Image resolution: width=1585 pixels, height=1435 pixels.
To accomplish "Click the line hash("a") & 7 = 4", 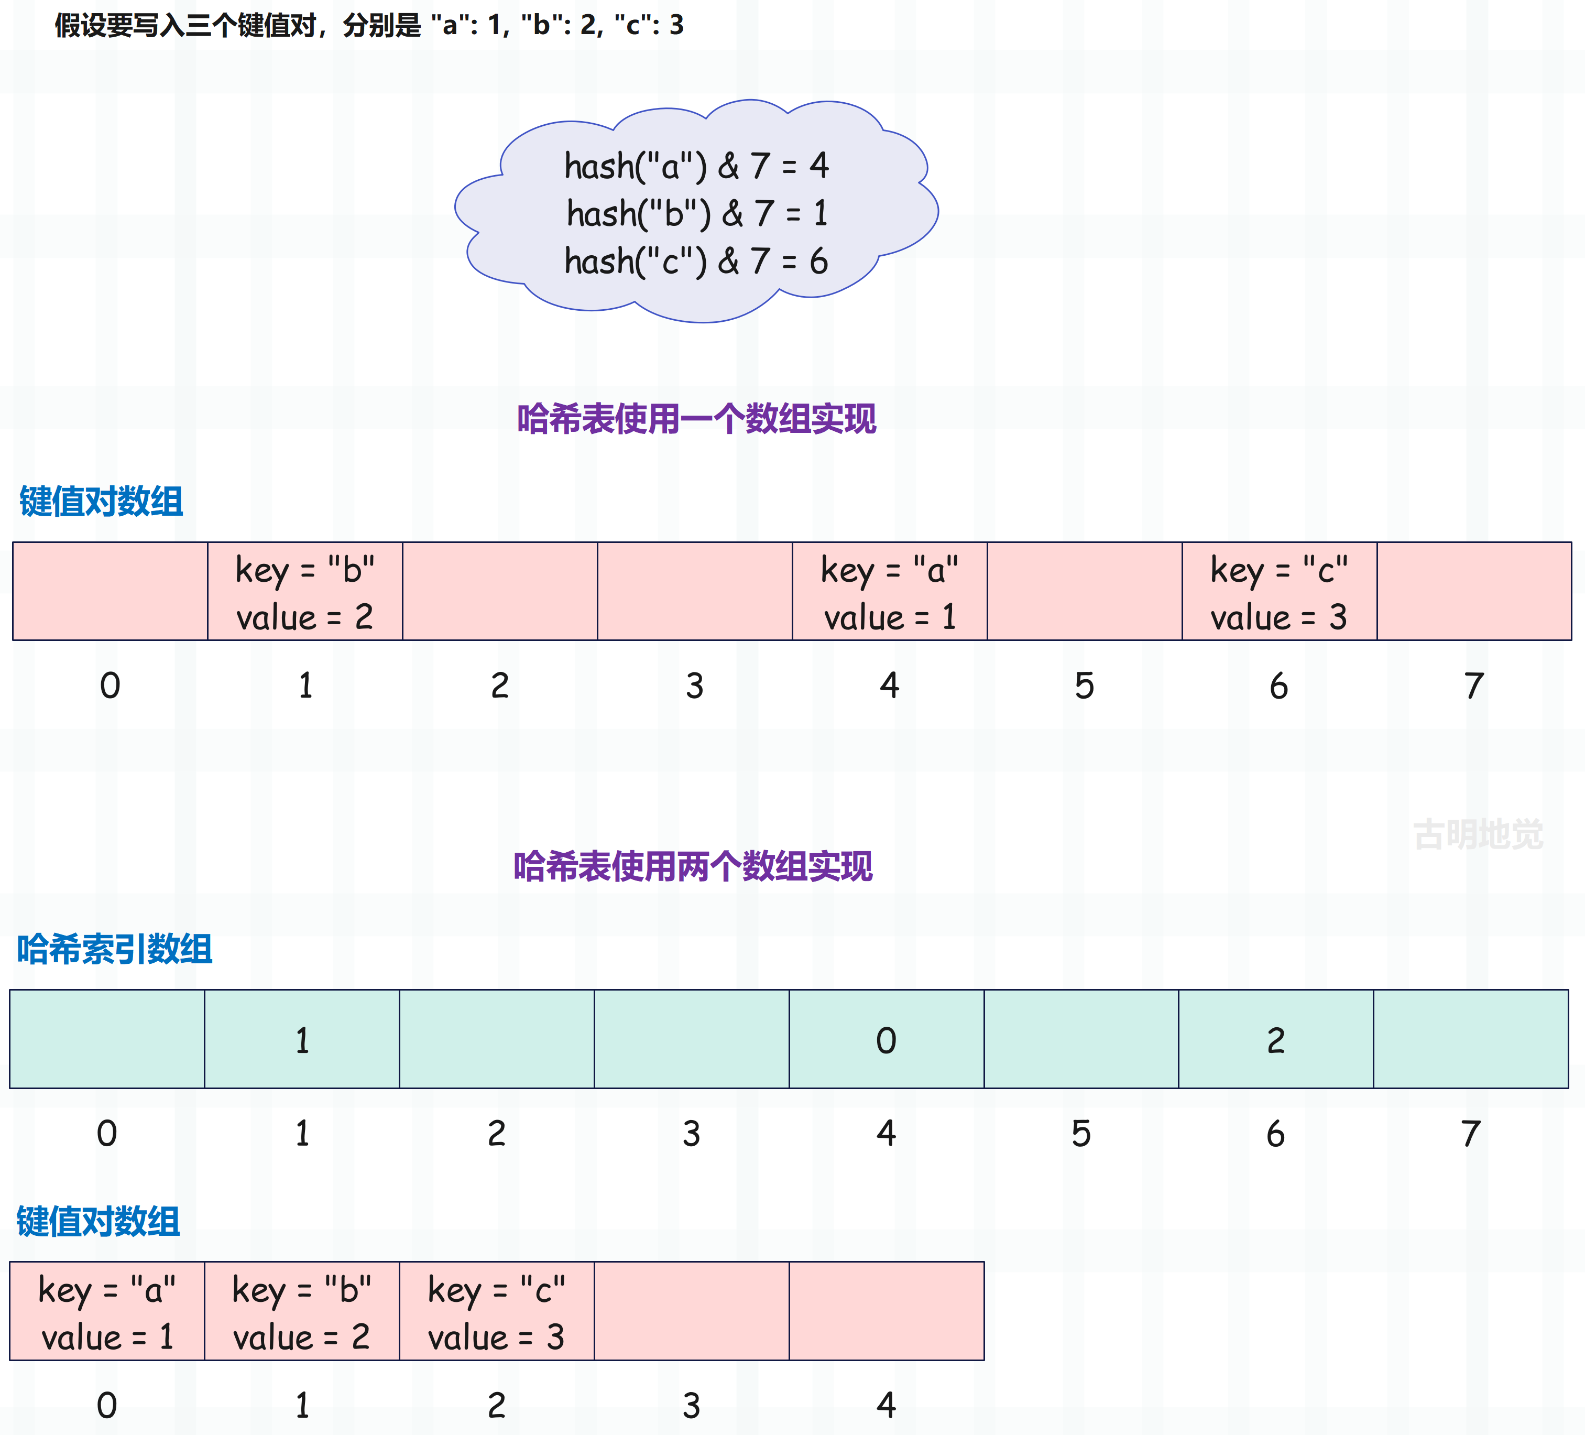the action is point(696,166).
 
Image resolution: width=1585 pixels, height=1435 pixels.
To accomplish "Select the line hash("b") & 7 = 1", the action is point(696,213).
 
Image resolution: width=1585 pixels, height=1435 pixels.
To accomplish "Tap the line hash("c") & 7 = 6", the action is point(696,261).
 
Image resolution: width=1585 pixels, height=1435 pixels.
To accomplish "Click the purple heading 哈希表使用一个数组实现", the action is point(696,419).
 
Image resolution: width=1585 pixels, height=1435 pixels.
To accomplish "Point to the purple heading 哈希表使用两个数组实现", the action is point(693,866).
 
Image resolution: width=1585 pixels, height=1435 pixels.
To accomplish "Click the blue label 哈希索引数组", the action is point(115,949).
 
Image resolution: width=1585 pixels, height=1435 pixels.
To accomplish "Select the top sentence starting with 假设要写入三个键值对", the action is point(369,25).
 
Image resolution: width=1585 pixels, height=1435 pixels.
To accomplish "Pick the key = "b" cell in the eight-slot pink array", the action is point(305,591).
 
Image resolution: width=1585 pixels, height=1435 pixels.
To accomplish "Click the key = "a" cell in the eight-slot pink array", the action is point(890,591).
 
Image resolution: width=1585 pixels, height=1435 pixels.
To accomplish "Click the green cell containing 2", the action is point(1276,1039).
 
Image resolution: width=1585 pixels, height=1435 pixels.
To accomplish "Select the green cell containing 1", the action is point(302,1039).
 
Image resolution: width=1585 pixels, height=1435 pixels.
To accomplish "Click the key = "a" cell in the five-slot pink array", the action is point(107,1311).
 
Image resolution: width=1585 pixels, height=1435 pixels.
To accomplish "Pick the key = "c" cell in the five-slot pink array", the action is point(497,1311).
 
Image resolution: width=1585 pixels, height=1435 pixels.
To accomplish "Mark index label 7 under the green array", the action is point(1471,1134).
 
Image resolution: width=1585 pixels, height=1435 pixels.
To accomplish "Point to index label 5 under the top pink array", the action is point(1084,686).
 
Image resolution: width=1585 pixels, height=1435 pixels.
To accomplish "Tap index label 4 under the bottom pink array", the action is point(886,1405).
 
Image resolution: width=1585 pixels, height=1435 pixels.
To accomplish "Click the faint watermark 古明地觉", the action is point(1478,834).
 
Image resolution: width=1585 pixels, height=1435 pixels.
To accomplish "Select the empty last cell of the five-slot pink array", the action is point(887,1311).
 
